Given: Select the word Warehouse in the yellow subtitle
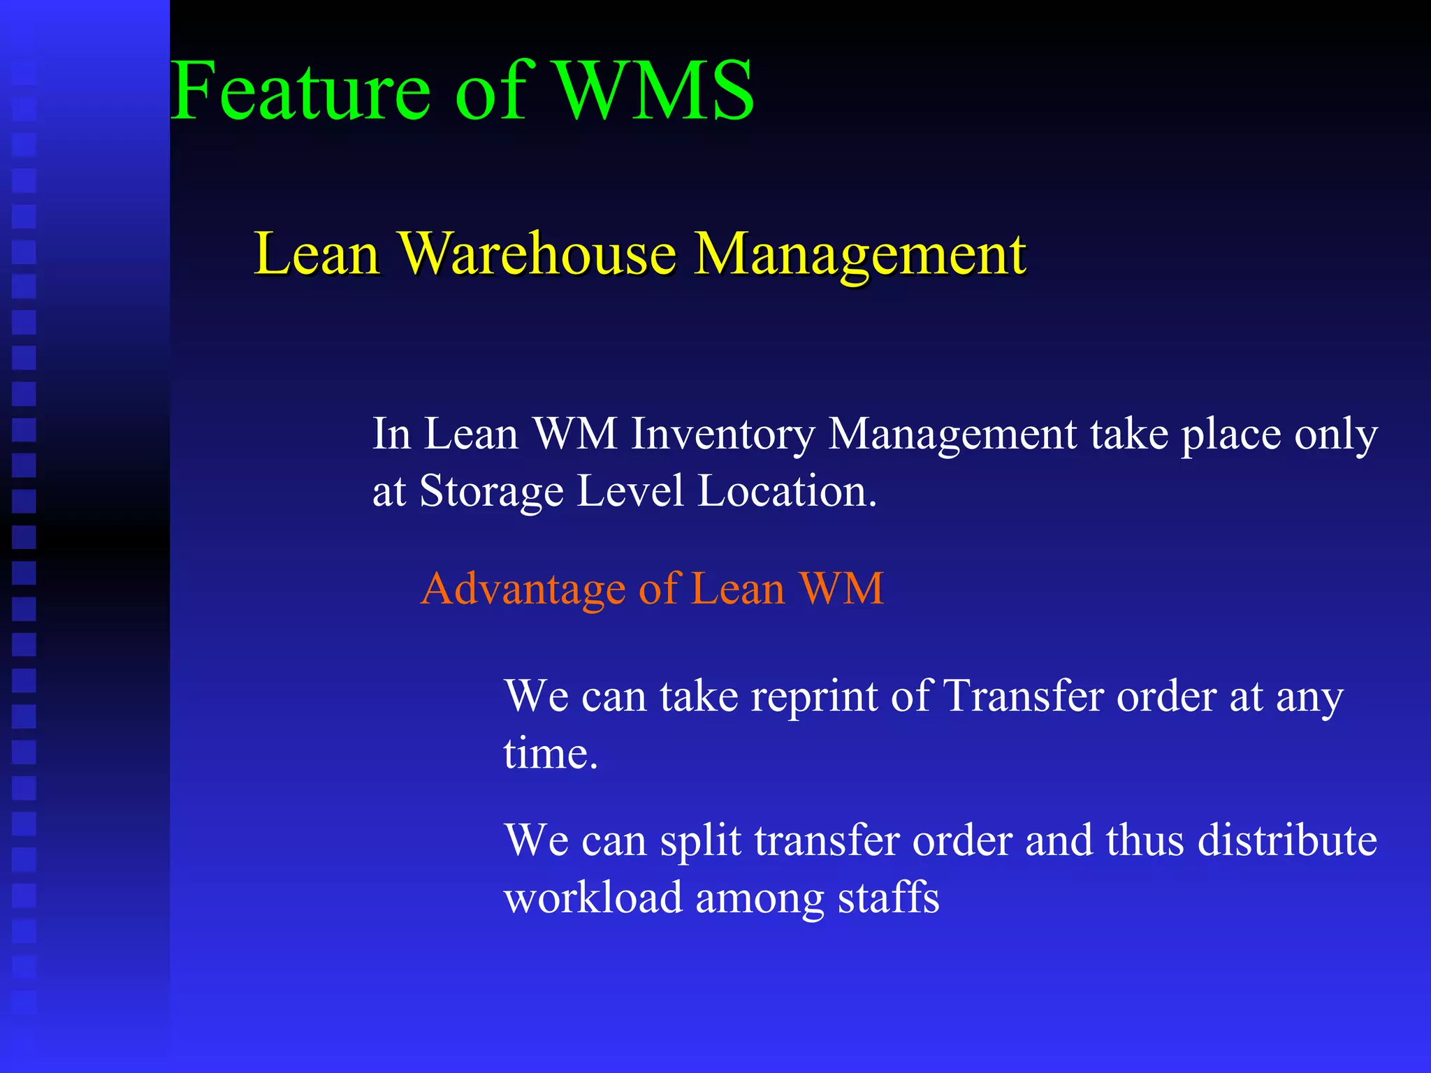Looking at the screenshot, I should coord(537,254).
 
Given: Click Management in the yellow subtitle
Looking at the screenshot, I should coord(861,255).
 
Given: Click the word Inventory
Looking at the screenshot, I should coord(722,435).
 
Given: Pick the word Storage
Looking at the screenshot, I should coord(491,492).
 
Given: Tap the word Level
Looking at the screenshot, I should coord(630,490).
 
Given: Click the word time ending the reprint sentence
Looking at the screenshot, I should coord(551,754).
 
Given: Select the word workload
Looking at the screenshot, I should coord(593,898).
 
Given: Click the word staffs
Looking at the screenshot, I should coord(889,898).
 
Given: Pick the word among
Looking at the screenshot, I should coord(760,899).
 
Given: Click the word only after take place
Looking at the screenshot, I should coord(1336,435).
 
